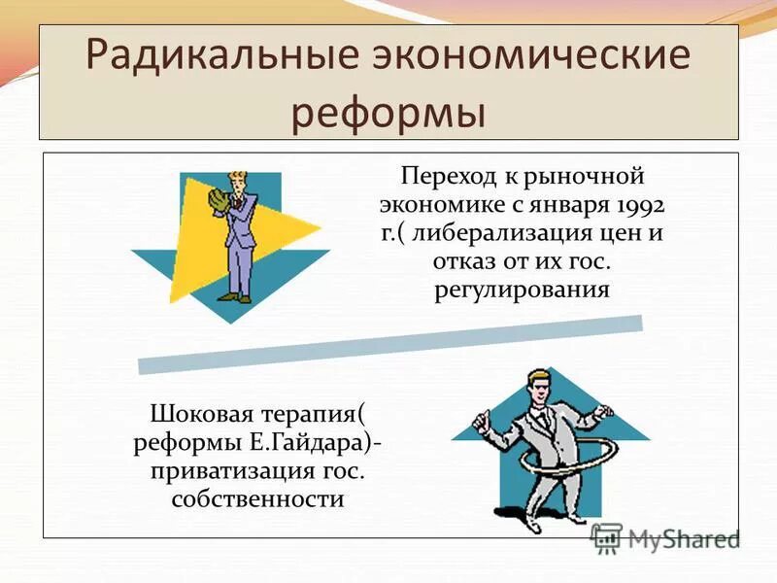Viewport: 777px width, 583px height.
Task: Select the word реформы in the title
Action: pos(388,113)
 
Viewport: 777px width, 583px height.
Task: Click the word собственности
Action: pos(257,499)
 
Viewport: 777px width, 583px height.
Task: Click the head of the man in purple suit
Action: pos(237,180)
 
